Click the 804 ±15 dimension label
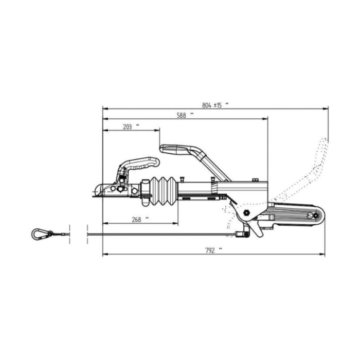pos(212,105)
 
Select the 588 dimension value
pos(182,116)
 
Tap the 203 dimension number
pos(128,127)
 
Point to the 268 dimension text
pos(136,220)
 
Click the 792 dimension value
pos(210,250)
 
